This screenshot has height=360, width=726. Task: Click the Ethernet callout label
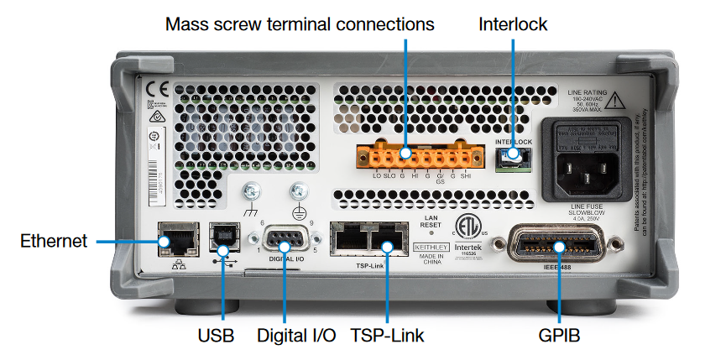click(54, 242)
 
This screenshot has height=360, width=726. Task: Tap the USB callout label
click(216, 336)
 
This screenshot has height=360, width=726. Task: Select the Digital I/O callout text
click(294, 336)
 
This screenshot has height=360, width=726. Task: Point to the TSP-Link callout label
click(388, 336)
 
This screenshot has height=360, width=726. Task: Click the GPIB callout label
click(559, 336)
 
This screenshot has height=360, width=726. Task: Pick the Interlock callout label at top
click(513, 23)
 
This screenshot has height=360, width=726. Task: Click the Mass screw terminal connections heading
click(300, 23)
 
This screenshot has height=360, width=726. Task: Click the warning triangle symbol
click(616, 100)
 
